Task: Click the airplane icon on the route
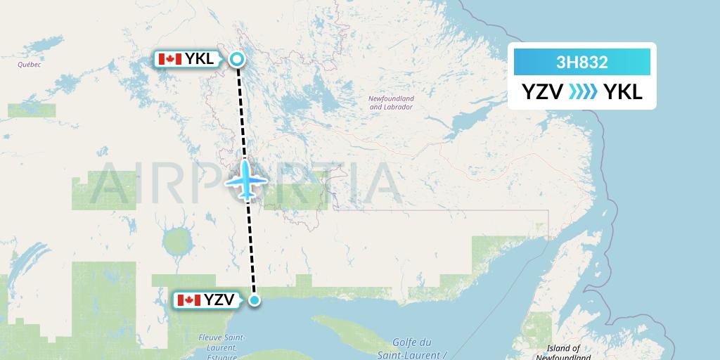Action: click(x=246, y=180)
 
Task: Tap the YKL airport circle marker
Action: click(x=238, y=60)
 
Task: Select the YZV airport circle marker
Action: click(x=255, y=300)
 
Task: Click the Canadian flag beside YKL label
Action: click(x=169, y=59)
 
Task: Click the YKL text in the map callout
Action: click(x=200, y=59)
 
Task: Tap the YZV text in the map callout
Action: click(x=219, y=300)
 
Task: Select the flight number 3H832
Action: click(x=581, y=63)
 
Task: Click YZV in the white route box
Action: click(x=542, y=92)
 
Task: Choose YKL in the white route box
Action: click(x=623, y=92)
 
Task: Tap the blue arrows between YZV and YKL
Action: click(x=583, y=92)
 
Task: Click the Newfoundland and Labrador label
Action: click(x=391, y=103)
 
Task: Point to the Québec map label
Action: click(x=30, y=65)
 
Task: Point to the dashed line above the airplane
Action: click(x=241, y=112)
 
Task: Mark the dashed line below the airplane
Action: click(x=251, y=246)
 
